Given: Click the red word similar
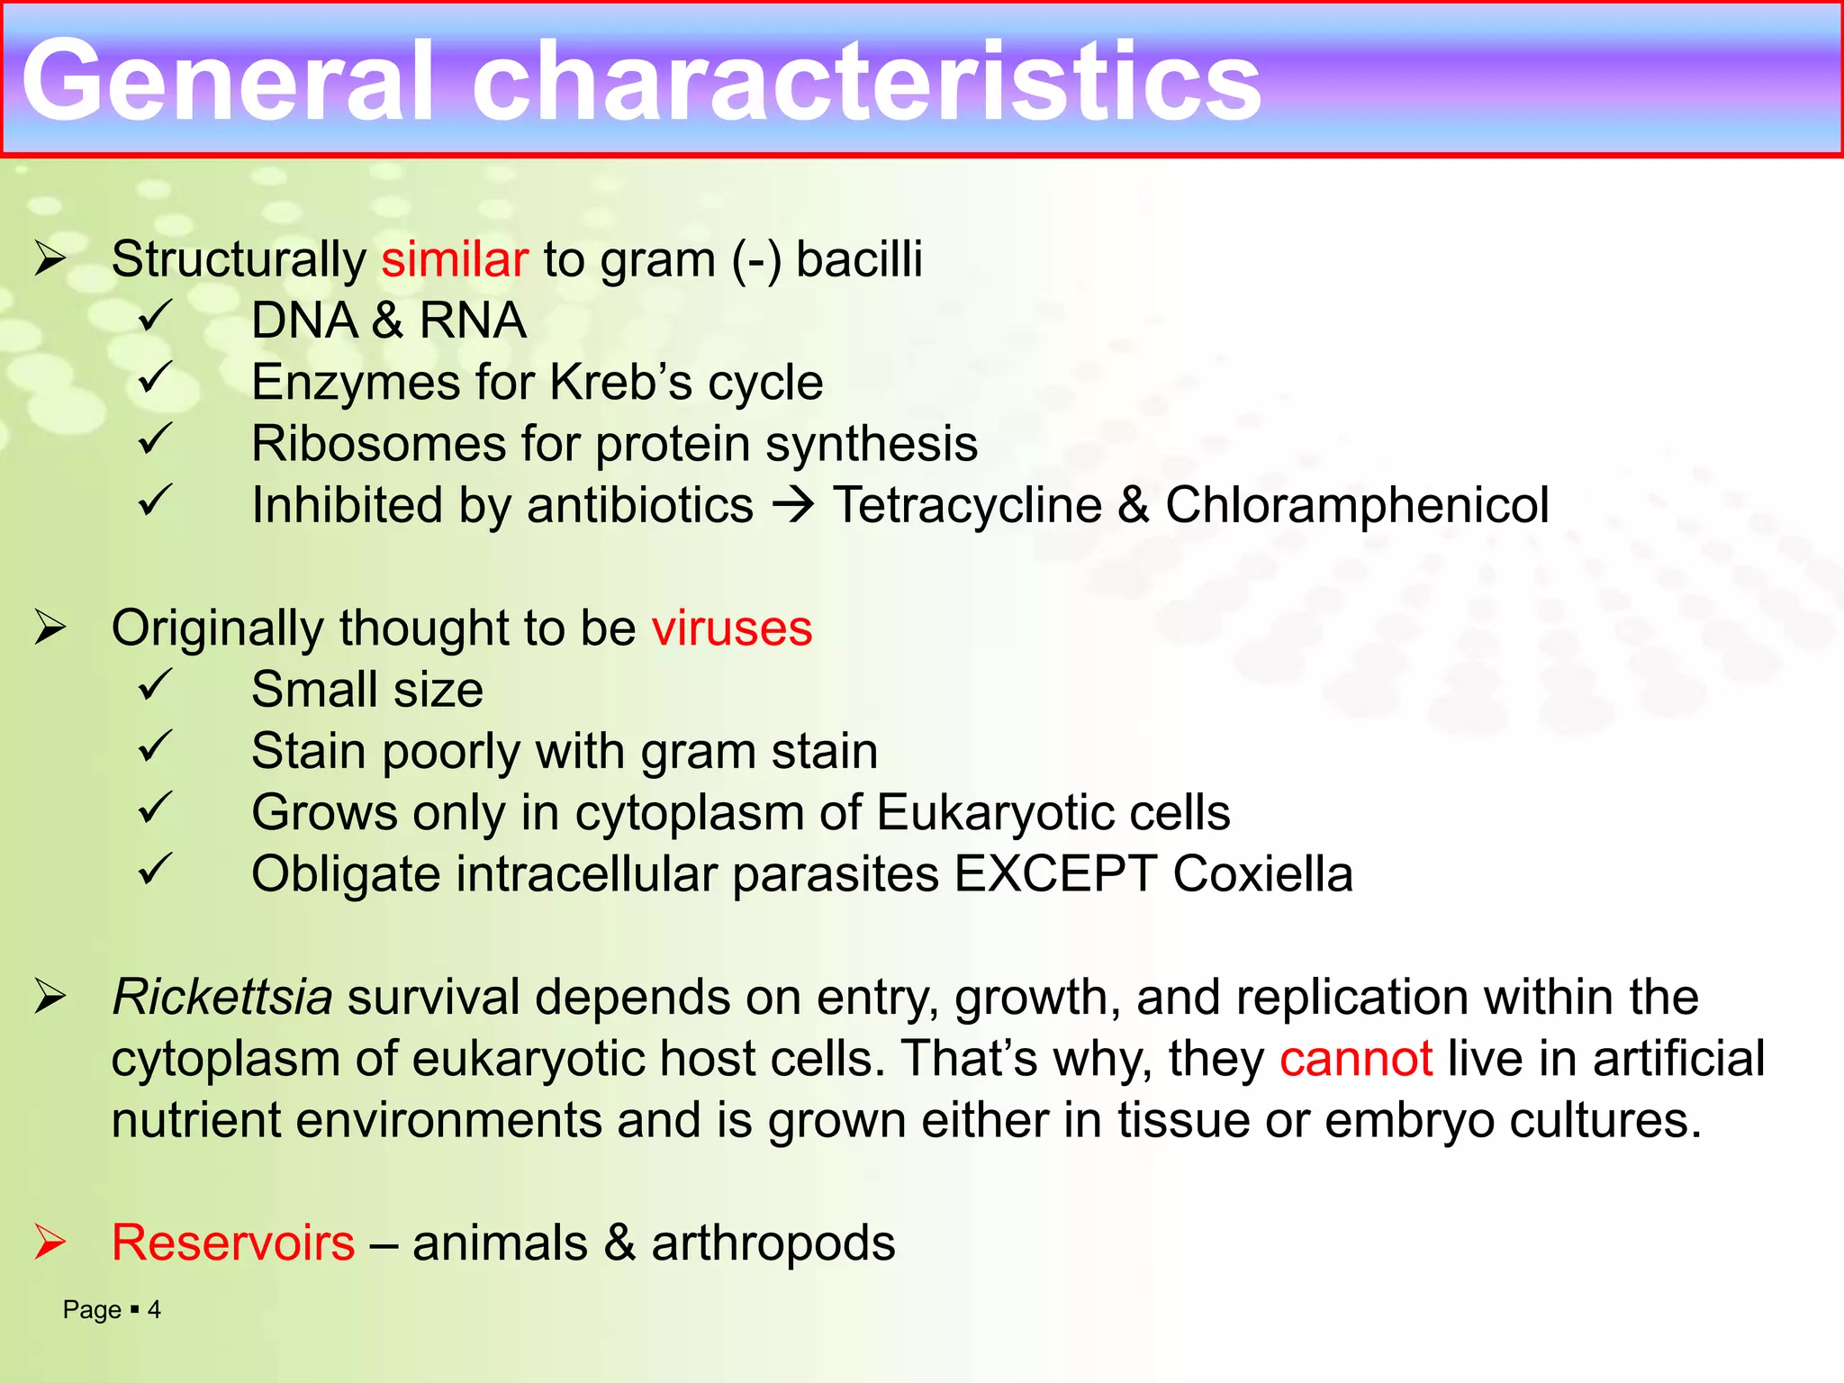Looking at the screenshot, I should click(454, 259).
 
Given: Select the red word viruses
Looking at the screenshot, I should click(731, 628).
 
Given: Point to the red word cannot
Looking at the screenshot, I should click(1355, 1058).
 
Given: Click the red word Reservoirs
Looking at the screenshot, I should click(233, 1243).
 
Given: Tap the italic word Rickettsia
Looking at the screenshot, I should click(221, 997).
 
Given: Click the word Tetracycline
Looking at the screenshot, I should click(967, 505).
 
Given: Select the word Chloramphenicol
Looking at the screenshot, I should click(1357, 505).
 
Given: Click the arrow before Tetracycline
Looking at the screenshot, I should click(793, 505).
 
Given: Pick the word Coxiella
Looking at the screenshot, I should click(1262, 874).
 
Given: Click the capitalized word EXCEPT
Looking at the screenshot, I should click(1054, 874).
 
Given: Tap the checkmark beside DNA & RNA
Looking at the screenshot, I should click(155, 316).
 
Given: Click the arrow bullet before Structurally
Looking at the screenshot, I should click(50, 258).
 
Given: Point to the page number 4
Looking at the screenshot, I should click(154, 1310).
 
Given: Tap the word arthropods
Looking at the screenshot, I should click(773, 1243).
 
